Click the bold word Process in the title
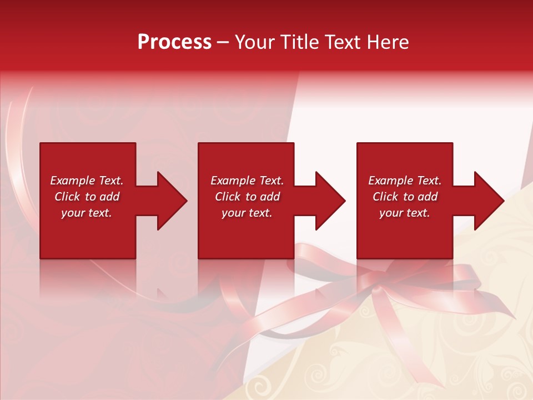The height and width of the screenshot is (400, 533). point(174,42)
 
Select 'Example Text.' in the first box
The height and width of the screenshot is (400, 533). point(87,181)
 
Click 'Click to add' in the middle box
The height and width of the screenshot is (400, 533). point(247,197)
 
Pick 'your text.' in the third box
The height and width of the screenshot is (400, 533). point(405,213)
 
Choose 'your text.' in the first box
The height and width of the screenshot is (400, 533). point(87,213)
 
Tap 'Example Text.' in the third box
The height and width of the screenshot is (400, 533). point(405,181)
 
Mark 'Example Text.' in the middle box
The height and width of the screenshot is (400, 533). point(247,181)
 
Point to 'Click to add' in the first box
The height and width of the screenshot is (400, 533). point(87,197)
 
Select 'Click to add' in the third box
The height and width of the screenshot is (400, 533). point(405,197)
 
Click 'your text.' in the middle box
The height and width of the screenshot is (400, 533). point(247,213)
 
